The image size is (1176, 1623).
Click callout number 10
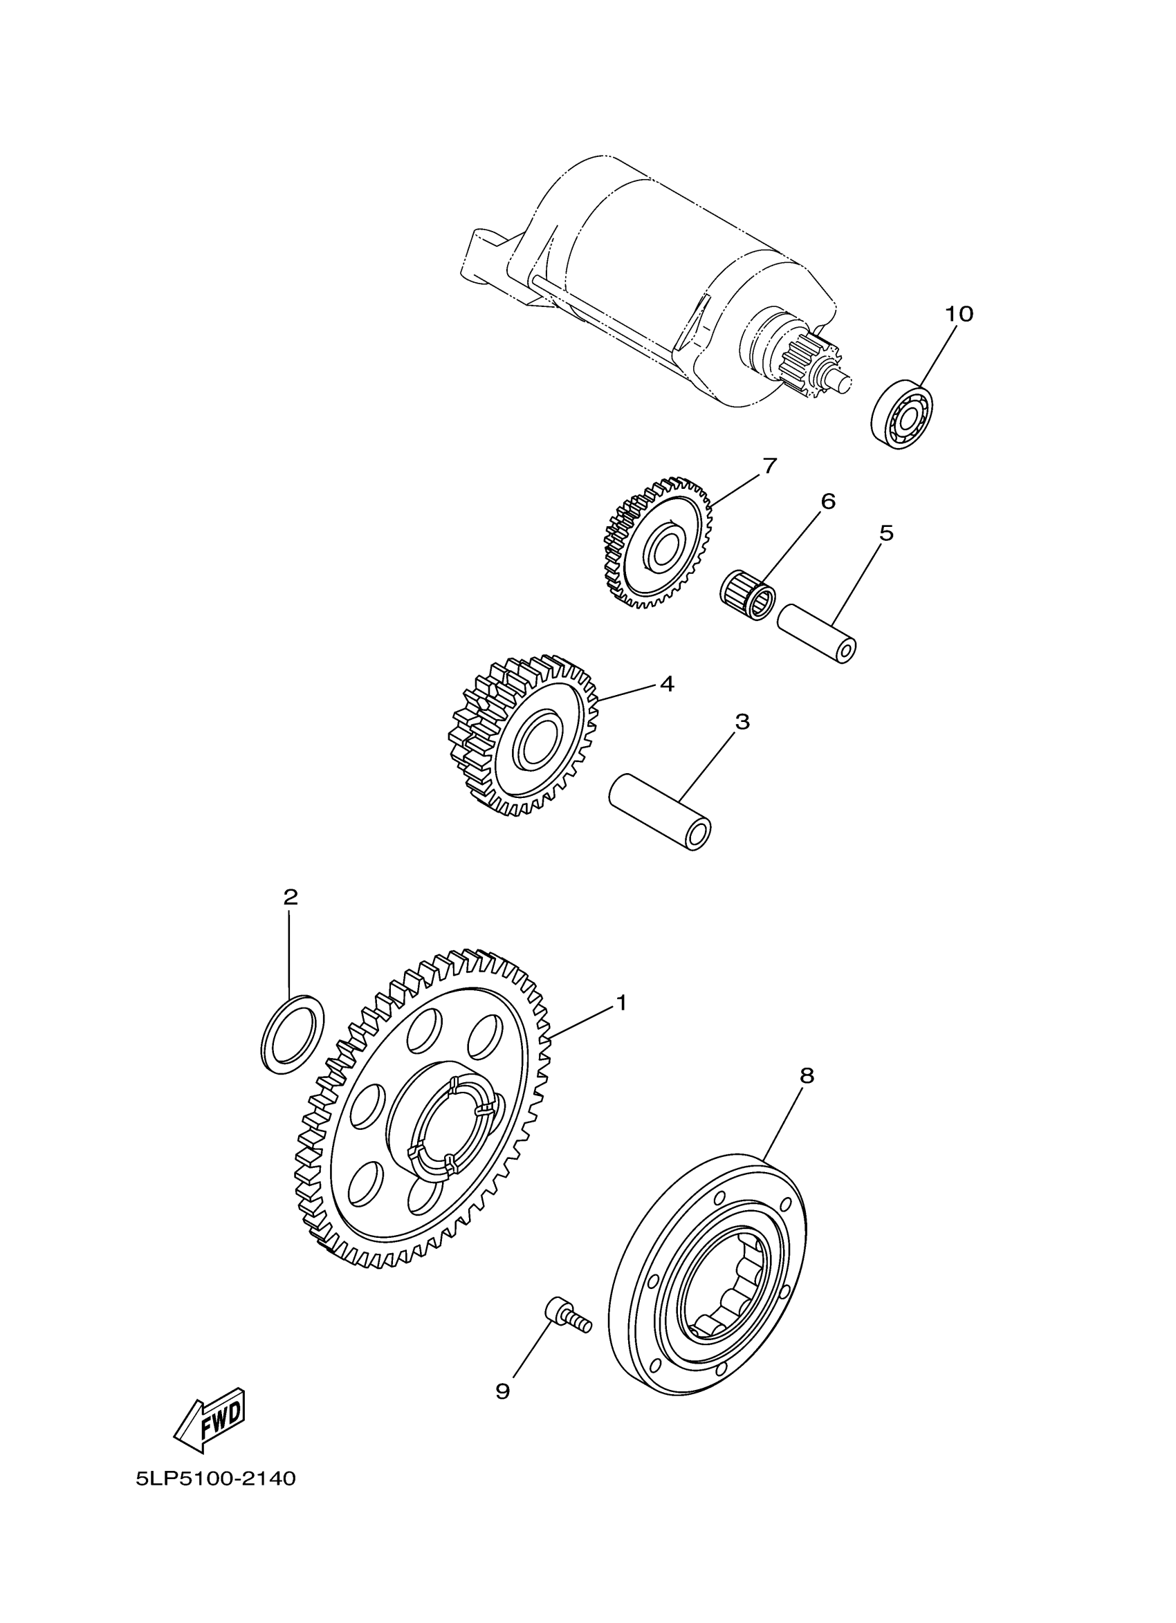pos(959,313)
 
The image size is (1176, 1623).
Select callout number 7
pos(769,466)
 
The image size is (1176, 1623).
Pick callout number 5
pos(886,532)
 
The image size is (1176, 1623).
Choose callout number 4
pos(666,683)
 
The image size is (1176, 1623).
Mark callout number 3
pos(742,721)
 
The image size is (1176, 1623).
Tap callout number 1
pos(621,1003)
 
